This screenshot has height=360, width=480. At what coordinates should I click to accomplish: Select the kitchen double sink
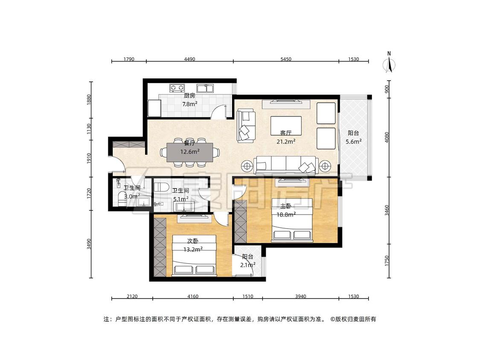pos(205,88)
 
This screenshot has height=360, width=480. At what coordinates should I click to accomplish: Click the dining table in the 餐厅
pos(190,152)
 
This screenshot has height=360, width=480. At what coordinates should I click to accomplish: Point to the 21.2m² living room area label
pos(286,142)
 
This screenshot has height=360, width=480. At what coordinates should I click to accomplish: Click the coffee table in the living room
pos(286,125)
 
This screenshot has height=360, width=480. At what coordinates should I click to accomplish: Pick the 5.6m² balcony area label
pos(354,142)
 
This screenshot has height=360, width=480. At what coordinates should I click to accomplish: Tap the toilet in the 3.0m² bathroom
pos(122,199)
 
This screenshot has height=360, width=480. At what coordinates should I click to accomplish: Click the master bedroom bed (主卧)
pos(292,220)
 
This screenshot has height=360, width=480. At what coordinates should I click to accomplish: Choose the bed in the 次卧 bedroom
pos(194,255)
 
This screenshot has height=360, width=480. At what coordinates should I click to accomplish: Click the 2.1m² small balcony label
pos(247,265)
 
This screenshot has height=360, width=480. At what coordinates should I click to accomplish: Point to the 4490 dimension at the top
pos(190,59)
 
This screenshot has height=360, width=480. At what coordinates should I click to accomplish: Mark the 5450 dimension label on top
pos(286,59)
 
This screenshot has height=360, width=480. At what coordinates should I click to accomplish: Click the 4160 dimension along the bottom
pos(193,296)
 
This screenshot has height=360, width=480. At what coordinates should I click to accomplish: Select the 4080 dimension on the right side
pos(387,137)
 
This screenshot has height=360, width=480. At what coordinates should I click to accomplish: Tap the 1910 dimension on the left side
pos(89,159)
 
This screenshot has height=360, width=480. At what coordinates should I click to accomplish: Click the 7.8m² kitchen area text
pos(190,104)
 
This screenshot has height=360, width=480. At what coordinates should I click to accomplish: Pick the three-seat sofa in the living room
pos(286,165)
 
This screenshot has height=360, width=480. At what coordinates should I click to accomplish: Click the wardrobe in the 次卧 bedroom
pos(159,247)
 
